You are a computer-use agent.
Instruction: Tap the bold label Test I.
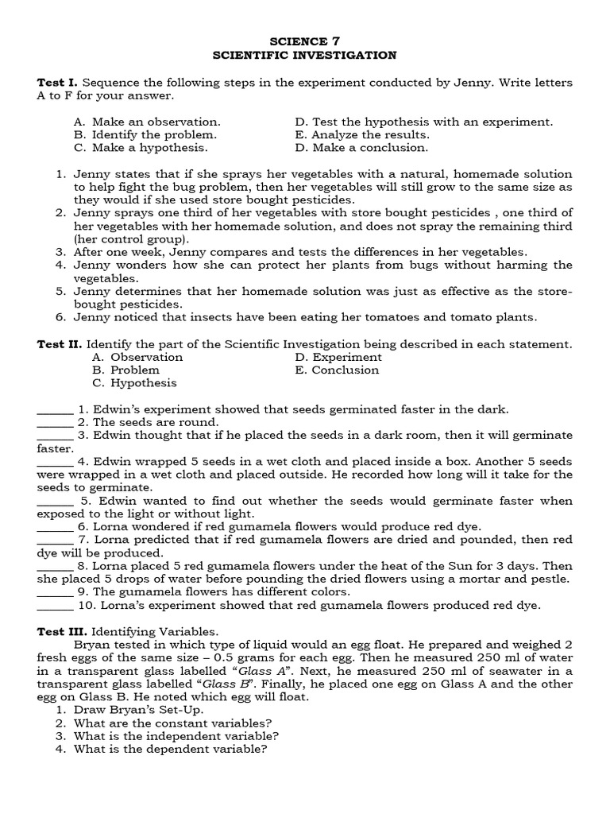(58, 83)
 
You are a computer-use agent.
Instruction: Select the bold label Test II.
(60, 344)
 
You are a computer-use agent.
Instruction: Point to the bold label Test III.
(62, 630)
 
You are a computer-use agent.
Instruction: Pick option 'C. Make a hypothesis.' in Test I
(141, 147)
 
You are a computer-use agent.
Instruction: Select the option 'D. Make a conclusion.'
(361, 147)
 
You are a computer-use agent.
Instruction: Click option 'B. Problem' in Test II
(125, 370)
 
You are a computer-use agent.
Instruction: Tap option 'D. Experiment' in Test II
(338, 357)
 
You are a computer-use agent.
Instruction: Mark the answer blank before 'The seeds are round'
(55, 422)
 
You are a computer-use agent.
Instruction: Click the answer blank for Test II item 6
(55, 526)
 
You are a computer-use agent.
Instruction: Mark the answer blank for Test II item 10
(55, 605)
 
